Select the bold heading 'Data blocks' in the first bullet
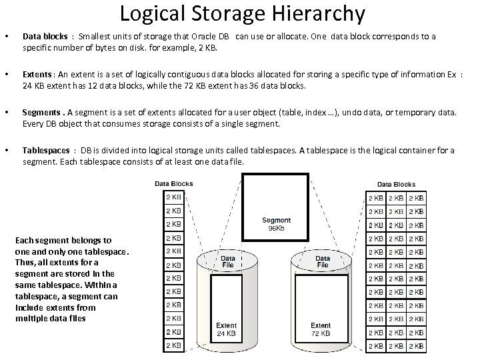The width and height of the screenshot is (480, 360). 45,37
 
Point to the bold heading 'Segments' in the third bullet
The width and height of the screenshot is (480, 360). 42,113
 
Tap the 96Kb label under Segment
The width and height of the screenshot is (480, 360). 276,228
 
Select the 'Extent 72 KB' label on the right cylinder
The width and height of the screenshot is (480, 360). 321,329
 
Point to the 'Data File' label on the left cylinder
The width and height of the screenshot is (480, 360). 228,262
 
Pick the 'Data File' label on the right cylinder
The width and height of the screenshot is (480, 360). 323,262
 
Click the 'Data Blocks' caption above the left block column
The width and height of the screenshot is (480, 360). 174,183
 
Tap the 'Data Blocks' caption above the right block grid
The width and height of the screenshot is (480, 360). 396,184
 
